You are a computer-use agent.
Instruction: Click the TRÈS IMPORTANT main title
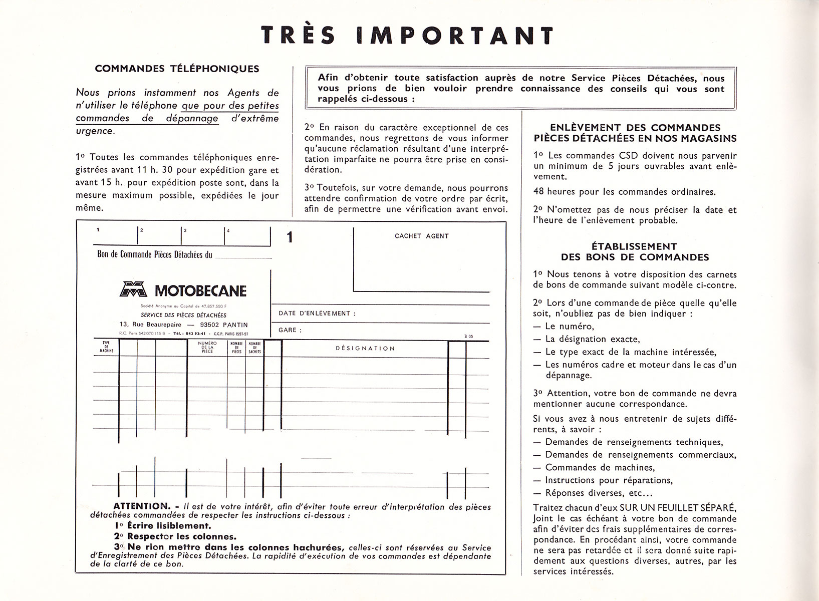point(407,36)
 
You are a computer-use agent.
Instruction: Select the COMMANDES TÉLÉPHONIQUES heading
point(177,69)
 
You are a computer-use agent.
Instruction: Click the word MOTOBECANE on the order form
point(200,290)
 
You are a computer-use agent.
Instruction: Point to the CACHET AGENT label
point(421,236)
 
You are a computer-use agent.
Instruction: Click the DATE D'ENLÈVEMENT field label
point(317,314)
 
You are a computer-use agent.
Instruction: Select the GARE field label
point(290,331)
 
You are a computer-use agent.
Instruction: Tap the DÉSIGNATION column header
point(365,348)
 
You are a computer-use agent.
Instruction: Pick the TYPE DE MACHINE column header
point(106,348)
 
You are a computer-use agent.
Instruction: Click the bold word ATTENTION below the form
point(142,506)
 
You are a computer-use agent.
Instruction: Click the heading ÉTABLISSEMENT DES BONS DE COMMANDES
point(635,252)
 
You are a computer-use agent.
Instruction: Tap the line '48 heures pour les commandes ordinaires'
point(625,191)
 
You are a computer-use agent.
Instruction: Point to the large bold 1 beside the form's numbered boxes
point(290,237)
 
